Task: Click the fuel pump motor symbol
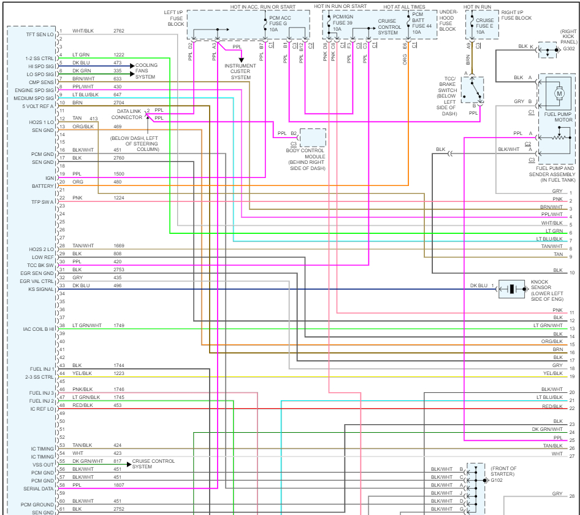tap(559, 94)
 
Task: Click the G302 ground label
tap(568, 48)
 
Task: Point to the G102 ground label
tap(497, 480)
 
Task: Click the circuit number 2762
tap(119, 31)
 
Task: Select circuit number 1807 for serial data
tap(119, 484)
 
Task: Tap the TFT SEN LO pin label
tap(40, 34)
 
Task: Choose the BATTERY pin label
tap(43, 186)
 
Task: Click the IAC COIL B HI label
tap(39, 329)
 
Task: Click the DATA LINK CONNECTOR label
tap(126, 114)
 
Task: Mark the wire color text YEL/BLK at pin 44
tap(82, 373)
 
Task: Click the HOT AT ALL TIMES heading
tap(404, 7)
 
